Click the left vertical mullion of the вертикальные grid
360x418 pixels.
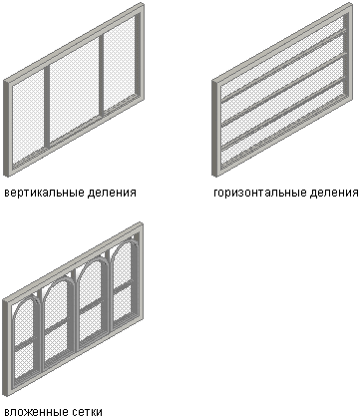point(47,107)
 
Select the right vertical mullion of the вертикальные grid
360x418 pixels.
point(101,75)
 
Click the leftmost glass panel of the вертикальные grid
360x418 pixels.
point(28,119)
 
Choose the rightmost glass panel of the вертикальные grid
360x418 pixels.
point(119,63)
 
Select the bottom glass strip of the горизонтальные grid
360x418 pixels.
point(282,127)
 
